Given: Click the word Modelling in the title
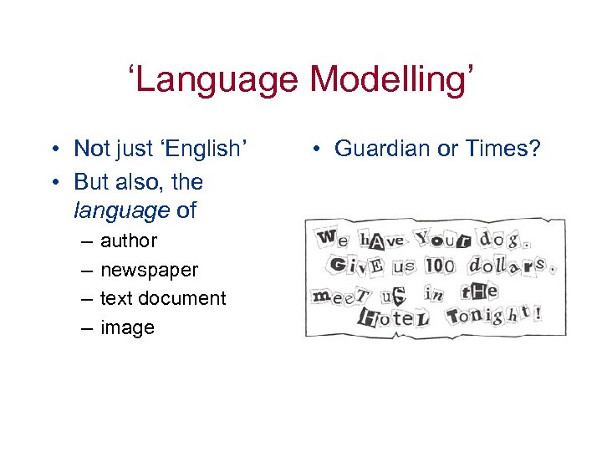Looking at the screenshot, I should coord(392,80).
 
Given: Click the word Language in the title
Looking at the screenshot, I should coord(219,80).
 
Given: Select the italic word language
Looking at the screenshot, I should coord(122,210).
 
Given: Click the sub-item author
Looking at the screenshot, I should coord(129,241).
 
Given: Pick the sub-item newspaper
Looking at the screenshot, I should coord(149,270).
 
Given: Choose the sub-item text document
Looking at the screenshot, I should coord(163,298).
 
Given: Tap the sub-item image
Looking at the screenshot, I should coord(127,327).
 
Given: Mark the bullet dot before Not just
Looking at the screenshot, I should coord(53,149).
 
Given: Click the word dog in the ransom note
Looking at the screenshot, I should coord(501,241).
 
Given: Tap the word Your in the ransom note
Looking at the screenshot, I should coord(443,240).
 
